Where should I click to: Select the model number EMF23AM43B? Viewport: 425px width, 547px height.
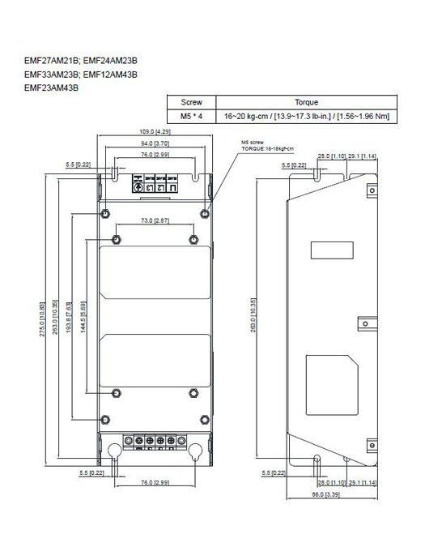(x=51, y=88)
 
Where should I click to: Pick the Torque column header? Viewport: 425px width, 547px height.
(x=307, y=104)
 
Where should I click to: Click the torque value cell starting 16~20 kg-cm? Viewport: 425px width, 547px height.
(x=307, y=117)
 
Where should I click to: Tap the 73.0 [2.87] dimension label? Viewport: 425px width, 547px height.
(x=154, y=221)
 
